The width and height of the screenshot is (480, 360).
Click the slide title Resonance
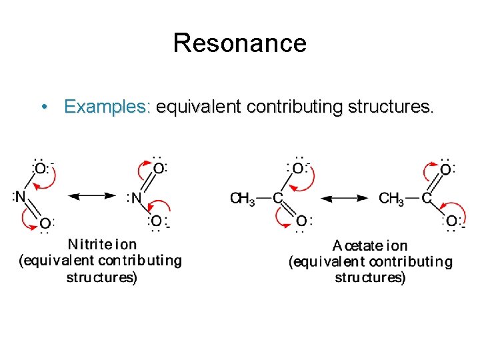click(239, 43)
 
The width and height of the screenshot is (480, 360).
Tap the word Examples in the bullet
click(107, 107)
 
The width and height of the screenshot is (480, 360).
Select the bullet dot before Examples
click(43, 107)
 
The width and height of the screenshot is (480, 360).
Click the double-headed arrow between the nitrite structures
click(92, 196)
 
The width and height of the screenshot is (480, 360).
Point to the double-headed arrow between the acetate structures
click(344, 198)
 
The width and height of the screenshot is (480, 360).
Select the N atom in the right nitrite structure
click(136, 198)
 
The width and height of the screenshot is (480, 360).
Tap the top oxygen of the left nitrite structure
click(41, 169)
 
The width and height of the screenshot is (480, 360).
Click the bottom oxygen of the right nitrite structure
click(156, 221)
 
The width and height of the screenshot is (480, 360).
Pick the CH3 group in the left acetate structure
click(242, 198)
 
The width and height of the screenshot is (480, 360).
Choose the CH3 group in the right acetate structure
click(391, 198)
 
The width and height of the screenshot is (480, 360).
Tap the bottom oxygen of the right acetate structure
click(451, 221)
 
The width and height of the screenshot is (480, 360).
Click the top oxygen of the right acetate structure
click(445, 169)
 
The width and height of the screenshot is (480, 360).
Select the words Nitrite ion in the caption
click(102, 244)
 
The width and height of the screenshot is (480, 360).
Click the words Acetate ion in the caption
click(370, 246)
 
